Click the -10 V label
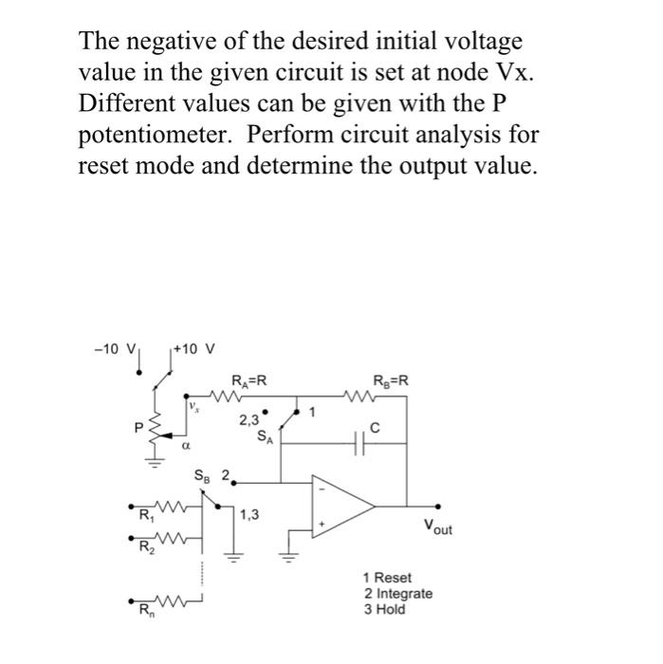[118, 348]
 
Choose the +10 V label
[198, 348]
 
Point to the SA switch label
[265, 436]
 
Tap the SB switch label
[204, 474]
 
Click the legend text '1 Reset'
[388, 578]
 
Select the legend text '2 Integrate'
[398, 594]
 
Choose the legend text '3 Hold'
[384, 609]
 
